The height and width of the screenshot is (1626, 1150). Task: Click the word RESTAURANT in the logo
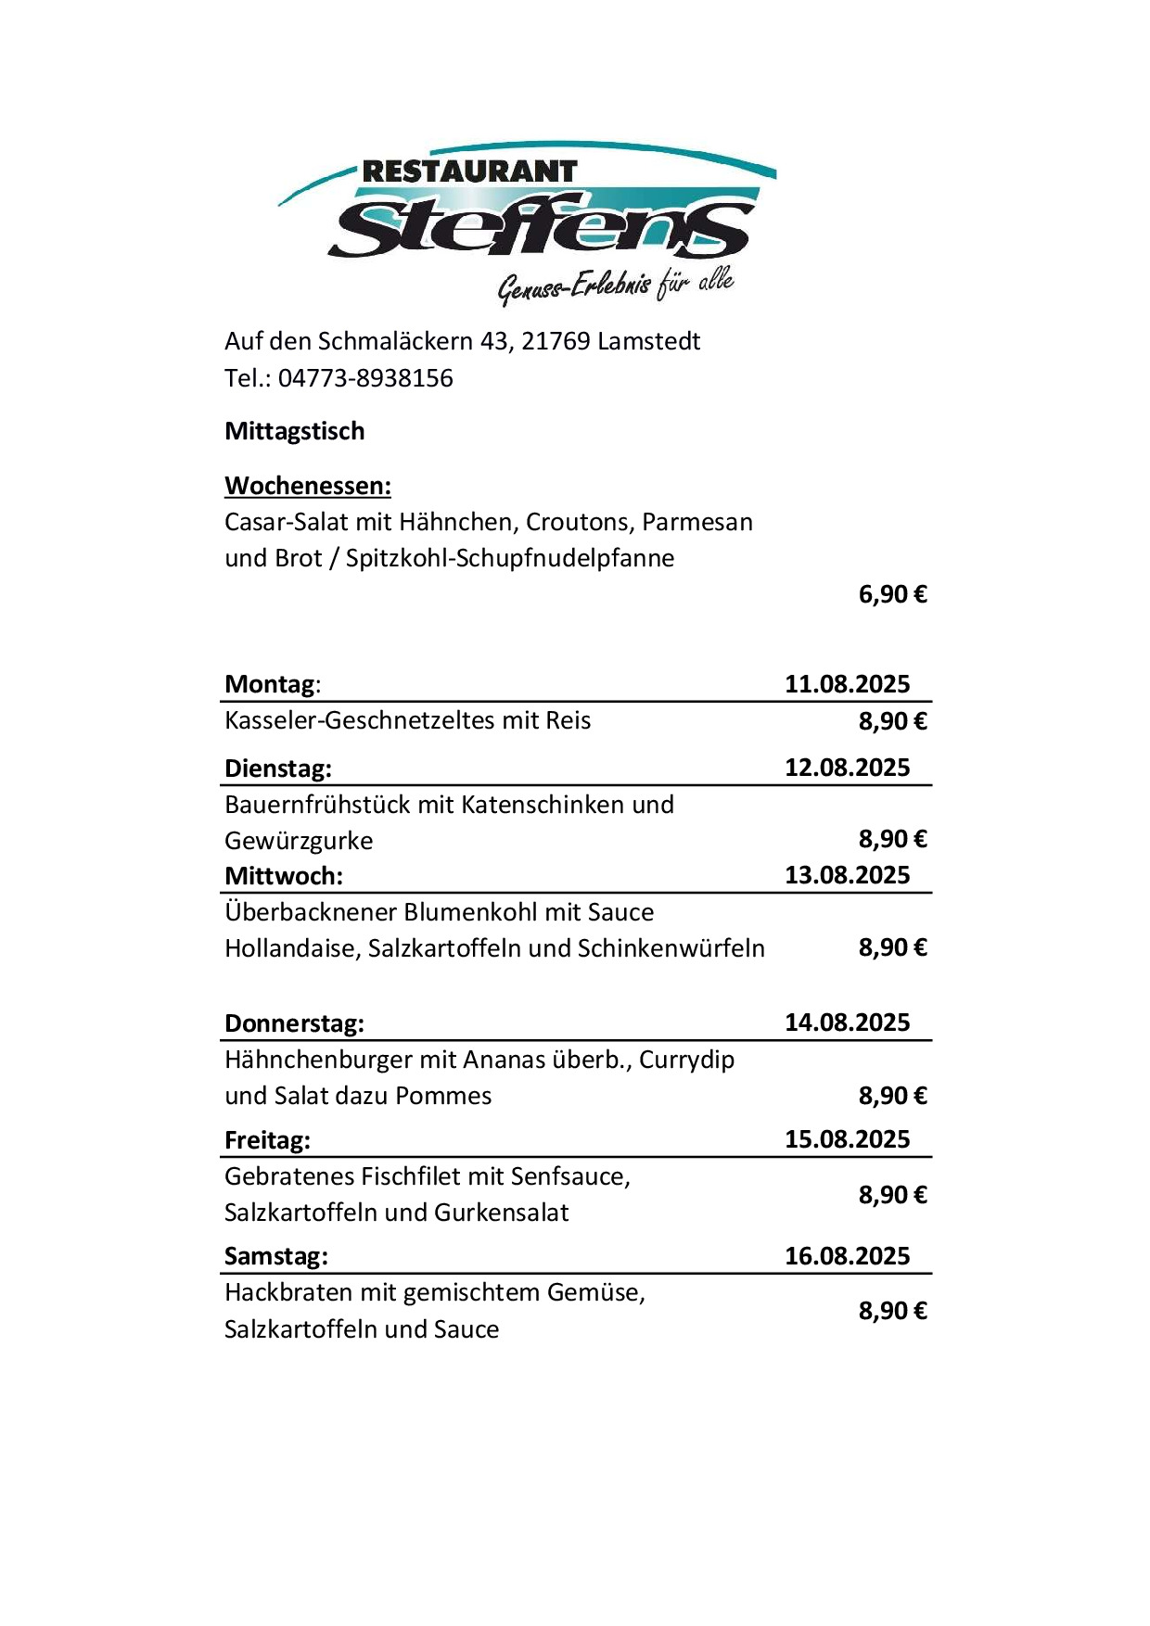tap(469, 171)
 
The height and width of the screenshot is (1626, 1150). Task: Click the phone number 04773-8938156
tap(365, 378)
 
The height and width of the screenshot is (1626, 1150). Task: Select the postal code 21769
tap(556, 341)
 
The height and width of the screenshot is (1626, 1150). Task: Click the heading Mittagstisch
tap(295, 431)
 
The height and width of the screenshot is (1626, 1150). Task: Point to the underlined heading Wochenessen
tap(308, 486)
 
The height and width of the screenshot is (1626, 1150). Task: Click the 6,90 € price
tap(892, 594)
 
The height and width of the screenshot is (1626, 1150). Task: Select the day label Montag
tap(270, 684)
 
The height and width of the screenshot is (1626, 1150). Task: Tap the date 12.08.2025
tap(847, 768)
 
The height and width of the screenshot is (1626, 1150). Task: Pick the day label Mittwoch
tap(284, 875)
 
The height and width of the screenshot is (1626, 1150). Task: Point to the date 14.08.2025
tap(847, 1023)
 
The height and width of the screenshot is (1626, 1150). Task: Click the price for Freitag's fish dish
tap(892, 1195)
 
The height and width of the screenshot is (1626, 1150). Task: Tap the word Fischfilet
tap(410, 1176)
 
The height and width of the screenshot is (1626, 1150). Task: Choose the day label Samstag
tap(276, 1256)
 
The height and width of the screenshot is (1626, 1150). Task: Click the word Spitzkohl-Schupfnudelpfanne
tap(509, 558)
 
